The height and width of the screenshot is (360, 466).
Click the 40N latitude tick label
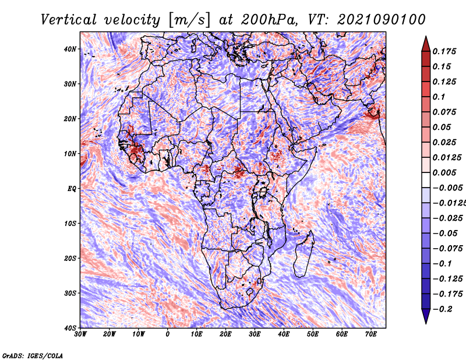pyautogui.click(x=70, y=49)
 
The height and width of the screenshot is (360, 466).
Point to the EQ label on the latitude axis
pyautogui.click(x=72, y=189)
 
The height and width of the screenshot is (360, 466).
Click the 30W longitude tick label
pyautogui.click(x=80, y=334)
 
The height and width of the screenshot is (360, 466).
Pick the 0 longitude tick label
pyautogui.click(x=168, y=334)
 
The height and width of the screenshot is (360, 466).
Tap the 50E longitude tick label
pyautogui.click(x=313, y=334)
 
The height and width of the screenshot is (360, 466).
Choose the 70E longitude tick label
pyautogui.click(x=371, y=334)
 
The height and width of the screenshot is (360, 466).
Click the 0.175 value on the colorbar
pyautogui.click(x=444, y=52)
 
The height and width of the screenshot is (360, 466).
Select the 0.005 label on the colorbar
pyautogui.click(x=444, y=172)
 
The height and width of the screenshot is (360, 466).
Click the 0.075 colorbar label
pyautogui.click(x=444, y=112)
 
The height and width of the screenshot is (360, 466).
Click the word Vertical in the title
pyautogui.click(x=69, y=20)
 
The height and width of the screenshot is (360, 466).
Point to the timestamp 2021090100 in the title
pyautogui.click(x=382, y=20)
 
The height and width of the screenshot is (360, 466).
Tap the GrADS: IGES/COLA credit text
pyautogui.click(x=33, y=355)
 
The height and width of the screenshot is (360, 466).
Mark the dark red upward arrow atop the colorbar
pyautogui.click(x=426, y=44)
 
